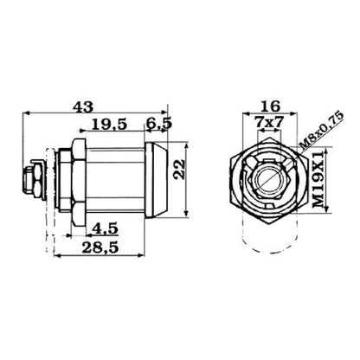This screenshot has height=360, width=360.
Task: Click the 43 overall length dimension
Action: click(x=83, y=107)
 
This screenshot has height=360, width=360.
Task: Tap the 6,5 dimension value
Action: click(x=158, y=124)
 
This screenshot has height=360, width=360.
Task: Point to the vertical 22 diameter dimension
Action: click(x=179, y=170)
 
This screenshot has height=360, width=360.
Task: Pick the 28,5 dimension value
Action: click(x=100, y=247)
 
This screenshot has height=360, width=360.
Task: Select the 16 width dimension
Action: click(x=270, y=106)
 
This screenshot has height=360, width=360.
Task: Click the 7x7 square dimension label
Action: click(x=269, y=123)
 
